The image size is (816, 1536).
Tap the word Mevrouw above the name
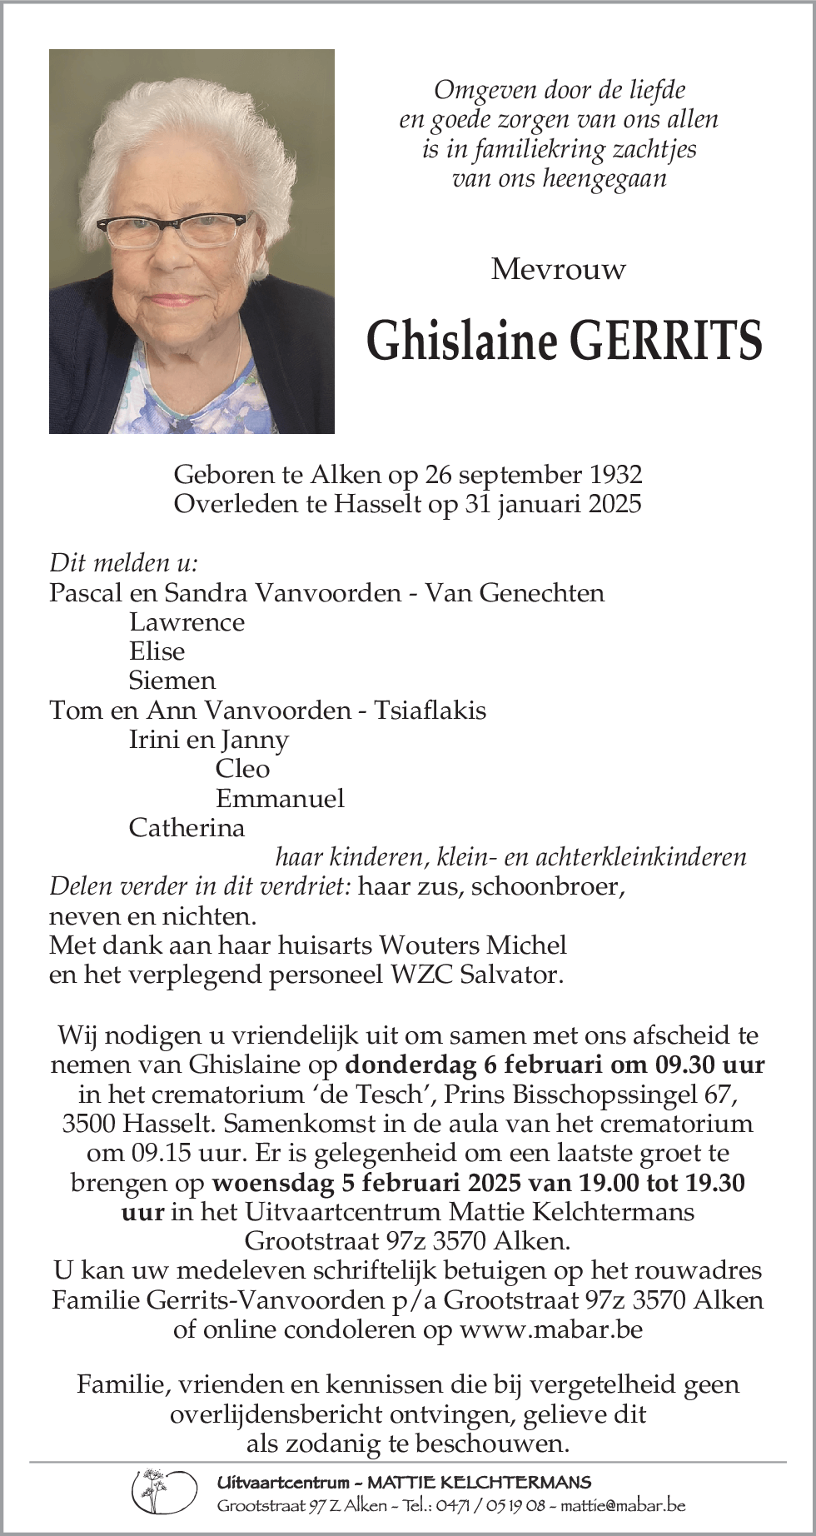pyautogui.click(x=558, y=269)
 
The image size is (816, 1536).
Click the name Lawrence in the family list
pyautogui.click(x=187, y=622)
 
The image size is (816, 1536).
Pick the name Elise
pyautogui.click(x=157, y=651)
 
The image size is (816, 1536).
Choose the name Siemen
pyautogui.click(x=172, y=681)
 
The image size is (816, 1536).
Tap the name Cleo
pyautogui.click(x=242, y=769)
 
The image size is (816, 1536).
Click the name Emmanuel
pyautogui.click(x=280, y=798)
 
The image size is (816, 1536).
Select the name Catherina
pyautogui.click(x=187, y=828)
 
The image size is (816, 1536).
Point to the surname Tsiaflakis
pyautogui.click(x=430, y=711)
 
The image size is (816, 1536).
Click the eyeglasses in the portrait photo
pyautogui.click(x=173, y=228)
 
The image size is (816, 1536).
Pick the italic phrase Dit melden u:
pyautogui.click(x=124, y=562)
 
